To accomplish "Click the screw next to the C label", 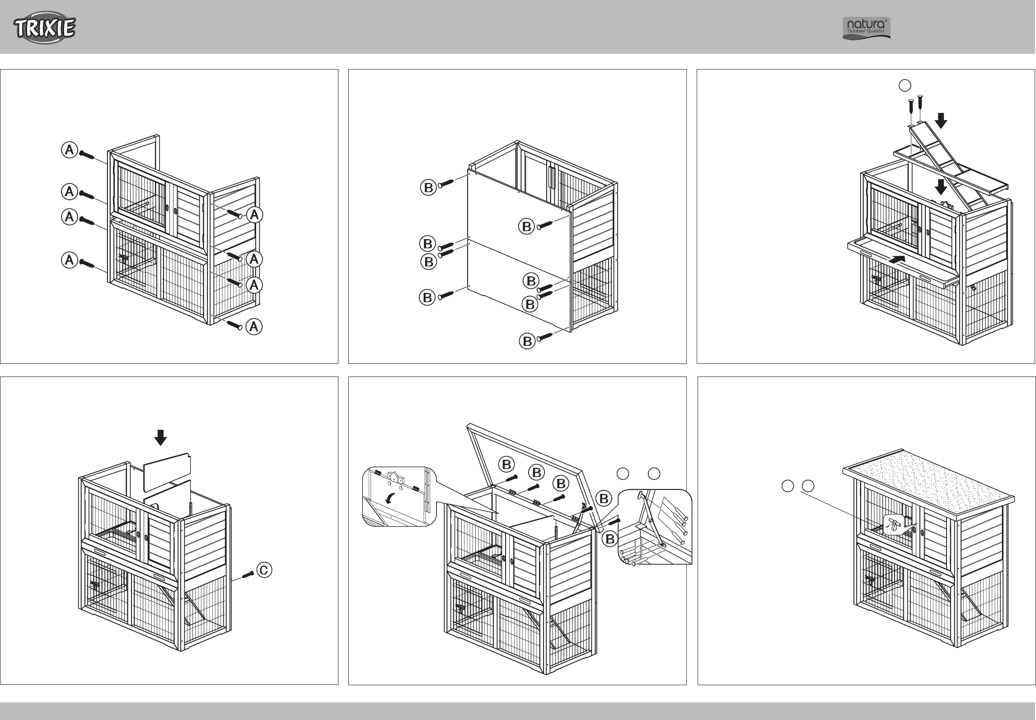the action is pyautogui.click(x=248, y=574).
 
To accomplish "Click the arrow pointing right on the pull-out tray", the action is pyautogui.click(x=897, y=259).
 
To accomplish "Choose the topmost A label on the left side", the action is pyautogui.click(x=69, y=150).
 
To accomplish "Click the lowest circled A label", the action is pyautogui.click(x=254, y=326).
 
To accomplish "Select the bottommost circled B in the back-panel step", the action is pyautogui.click(x=527, y=342).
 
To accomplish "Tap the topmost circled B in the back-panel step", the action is pyautogui.click(x=428, y=187).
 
